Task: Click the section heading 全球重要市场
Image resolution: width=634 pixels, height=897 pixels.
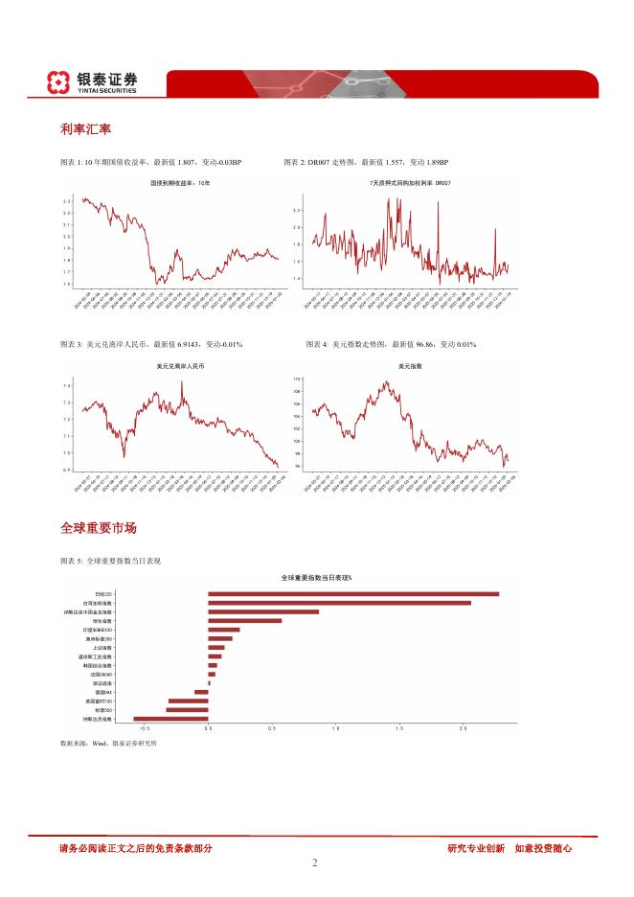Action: coord(98,528)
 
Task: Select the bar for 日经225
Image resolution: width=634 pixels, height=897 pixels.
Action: coord(353,594)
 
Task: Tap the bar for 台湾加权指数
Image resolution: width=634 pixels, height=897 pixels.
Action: coord(339,603)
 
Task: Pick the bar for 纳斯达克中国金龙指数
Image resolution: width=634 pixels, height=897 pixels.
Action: coord(263,611)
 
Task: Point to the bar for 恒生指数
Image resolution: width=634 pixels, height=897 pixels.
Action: coord(245,621)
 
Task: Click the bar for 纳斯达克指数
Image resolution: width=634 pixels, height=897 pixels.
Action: coord(170,718)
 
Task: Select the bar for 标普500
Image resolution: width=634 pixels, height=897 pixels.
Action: coord(187,709)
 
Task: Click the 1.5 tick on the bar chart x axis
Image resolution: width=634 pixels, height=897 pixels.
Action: coord(399,729)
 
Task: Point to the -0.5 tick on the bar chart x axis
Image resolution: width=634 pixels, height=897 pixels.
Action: coord(145,729)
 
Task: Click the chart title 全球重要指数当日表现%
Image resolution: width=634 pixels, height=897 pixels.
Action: coord(317,578)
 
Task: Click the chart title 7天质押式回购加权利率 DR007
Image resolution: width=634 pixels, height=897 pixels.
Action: coord(401,182)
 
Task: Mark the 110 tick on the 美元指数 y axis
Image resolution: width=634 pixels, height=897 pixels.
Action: coord(297,379)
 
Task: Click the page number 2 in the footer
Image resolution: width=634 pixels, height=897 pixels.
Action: coord(315,862)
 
